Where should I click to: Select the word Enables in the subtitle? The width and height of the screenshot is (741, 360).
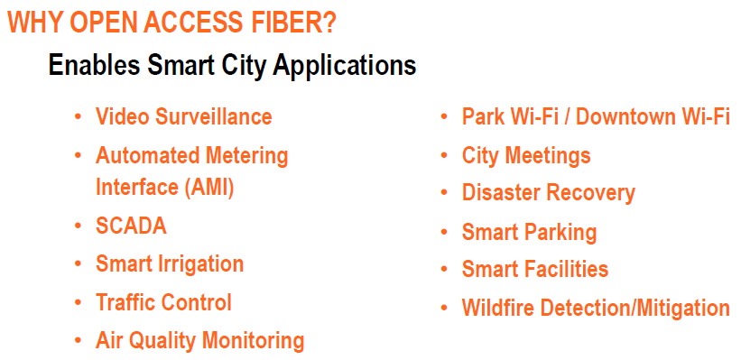94,64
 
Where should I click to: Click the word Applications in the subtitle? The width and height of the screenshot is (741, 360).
345,66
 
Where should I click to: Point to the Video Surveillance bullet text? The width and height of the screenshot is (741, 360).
184,116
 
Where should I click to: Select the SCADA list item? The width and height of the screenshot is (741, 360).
131,226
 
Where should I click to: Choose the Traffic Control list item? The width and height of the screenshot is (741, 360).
163,302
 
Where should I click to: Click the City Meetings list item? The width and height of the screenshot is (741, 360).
526,156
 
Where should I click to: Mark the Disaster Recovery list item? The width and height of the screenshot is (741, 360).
548,193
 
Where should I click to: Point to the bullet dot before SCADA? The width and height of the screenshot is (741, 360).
79,226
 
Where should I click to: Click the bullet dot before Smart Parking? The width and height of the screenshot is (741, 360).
444,232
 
